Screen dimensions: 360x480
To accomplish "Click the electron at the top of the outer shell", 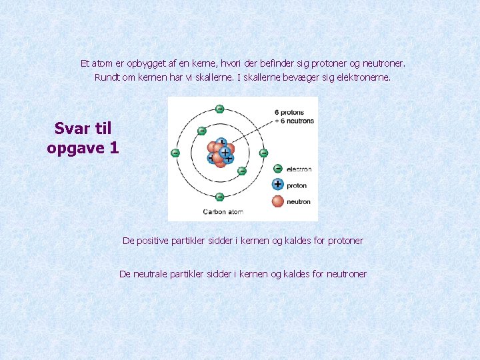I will pyautogui.click(x=219, y=109).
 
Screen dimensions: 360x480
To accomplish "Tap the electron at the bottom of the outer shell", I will pyautogui.click(x=219, y=197).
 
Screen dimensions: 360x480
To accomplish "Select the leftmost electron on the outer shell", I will pyautogui.click(x=175, y=153).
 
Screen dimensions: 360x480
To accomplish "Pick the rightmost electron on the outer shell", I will pyautogui.click(x=263, y=153).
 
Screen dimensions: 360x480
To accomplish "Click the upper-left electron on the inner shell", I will pyautogui.click(x=201, y=131).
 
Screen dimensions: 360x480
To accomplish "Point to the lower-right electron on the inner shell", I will pyautogui.click(x=241, y=171).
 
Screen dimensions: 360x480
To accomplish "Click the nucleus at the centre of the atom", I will pyautogui.click(x=220, y=153).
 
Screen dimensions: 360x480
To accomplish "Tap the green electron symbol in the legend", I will pyautogui.click(x=278, y=169).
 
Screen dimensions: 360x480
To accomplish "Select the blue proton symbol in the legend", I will pyautogui.click(x=278, y=185).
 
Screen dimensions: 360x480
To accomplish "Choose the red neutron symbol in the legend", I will pyautogui.click(x=278, y=201).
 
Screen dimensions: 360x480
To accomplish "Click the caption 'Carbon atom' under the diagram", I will pyautogui.click(x=223, y=212).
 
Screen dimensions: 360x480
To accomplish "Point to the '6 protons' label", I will pyautogui.click(x=290, y=112).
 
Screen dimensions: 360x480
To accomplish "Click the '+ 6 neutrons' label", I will pyautogui.click(x=294, y=121).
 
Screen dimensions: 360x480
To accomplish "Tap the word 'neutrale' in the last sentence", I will pyautogui.click(x=151, y=273).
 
